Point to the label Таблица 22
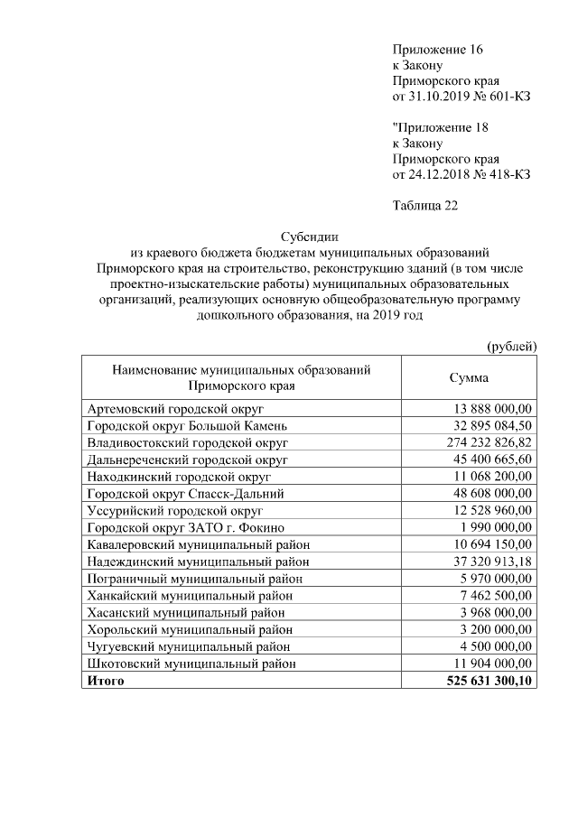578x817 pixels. [425, 206]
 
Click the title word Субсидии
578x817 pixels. [308, 237]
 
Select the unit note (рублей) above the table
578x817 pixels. [511, 346]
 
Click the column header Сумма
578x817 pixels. [469, 378]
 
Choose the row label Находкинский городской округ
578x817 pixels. [179, 477]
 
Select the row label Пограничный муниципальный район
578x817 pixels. [194, 579]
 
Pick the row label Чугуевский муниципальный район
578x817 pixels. [189, 646]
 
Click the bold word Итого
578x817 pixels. [104, 681]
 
